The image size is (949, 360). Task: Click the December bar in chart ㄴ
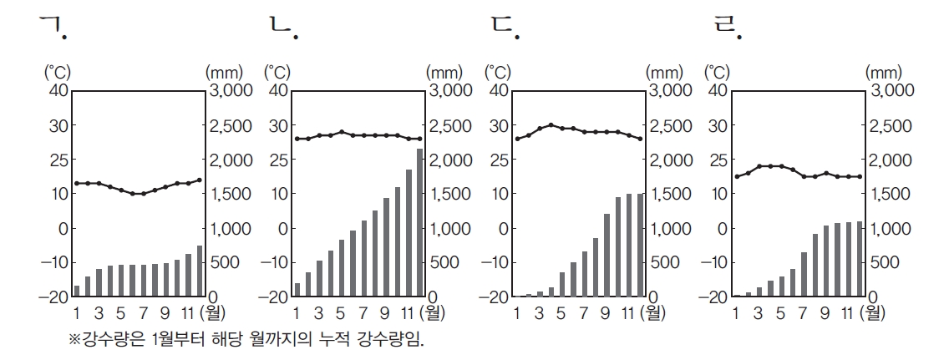pos(419,222)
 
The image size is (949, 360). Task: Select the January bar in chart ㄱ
pos(77,291)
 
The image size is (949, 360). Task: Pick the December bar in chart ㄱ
pos(200,271)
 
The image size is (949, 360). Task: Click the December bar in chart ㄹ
pos(859,259)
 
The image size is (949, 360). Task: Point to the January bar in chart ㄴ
pos(297,290)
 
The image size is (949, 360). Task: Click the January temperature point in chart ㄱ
pos(77,183)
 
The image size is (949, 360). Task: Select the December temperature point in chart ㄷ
pos(640,139)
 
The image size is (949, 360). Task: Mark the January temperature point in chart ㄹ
pos(736,176)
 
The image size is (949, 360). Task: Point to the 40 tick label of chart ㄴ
pos(278,90)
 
